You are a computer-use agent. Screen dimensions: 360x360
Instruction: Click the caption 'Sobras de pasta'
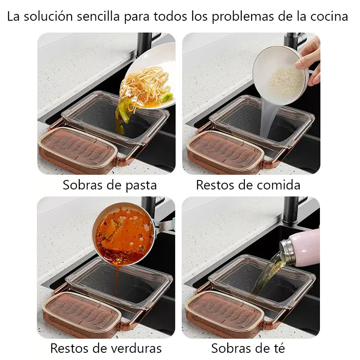point(109,185)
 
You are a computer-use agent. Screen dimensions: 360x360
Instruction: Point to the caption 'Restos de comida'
point(248,185)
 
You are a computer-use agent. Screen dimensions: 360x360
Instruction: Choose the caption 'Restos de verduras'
point(106,348)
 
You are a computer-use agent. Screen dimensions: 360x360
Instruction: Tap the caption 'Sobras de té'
point(248,348)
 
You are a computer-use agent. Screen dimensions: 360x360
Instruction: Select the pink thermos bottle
point(300,248)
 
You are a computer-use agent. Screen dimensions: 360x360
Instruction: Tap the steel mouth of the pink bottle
point(287,252)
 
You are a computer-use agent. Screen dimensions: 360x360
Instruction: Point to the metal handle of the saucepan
point(165,226)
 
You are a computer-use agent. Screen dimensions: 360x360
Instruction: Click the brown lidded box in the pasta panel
point(77,150)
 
